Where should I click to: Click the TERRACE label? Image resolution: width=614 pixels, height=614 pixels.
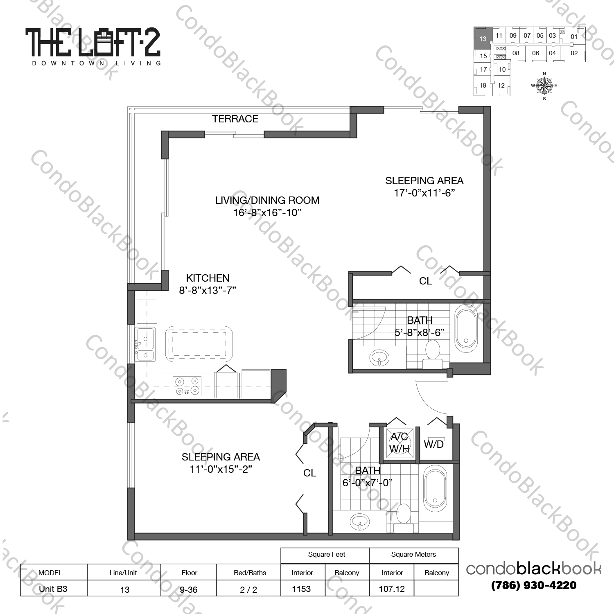click(x=235, y=119)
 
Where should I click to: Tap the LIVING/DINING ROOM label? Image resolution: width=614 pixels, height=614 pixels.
click(x=267, y=201)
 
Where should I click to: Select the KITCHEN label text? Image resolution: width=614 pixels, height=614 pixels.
click(x=208, y=278)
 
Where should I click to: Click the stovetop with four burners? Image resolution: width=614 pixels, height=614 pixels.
click(x=187, y=386)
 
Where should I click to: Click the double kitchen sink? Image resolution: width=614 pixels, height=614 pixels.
click(x=145, y=344)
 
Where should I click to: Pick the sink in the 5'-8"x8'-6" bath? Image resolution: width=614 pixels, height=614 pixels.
click(x=379, y=358)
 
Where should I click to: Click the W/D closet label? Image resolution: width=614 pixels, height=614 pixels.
click(x=434, y=445)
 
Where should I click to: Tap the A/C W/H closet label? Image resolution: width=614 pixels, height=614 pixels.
click(x=399, y=443)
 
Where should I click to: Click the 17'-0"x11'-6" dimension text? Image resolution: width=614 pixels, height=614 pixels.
click(x=424, y=193)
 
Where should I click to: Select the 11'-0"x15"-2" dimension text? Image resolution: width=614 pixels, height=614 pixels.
click(x=221, y=470)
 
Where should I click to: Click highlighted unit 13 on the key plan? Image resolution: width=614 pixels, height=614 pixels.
click(x=483, y=38)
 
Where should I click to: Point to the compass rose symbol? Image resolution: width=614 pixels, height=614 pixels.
click(x=544, y=86)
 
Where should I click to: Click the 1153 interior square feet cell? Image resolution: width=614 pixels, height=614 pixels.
click(x=302, y=589)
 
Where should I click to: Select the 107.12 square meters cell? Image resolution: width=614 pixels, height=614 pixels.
click(x=392, y=589)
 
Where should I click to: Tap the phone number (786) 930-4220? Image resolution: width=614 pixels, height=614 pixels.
click(x=533, y=585)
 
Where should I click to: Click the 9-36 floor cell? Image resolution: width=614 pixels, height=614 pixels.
click(x=189, y=589)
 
